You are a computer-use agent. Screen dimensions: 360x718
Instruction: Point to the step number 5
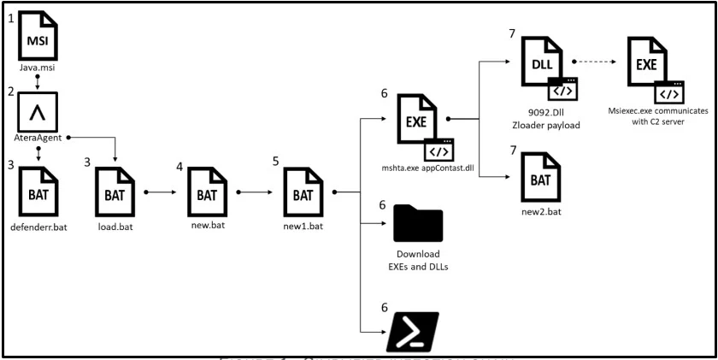(276, 160)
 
